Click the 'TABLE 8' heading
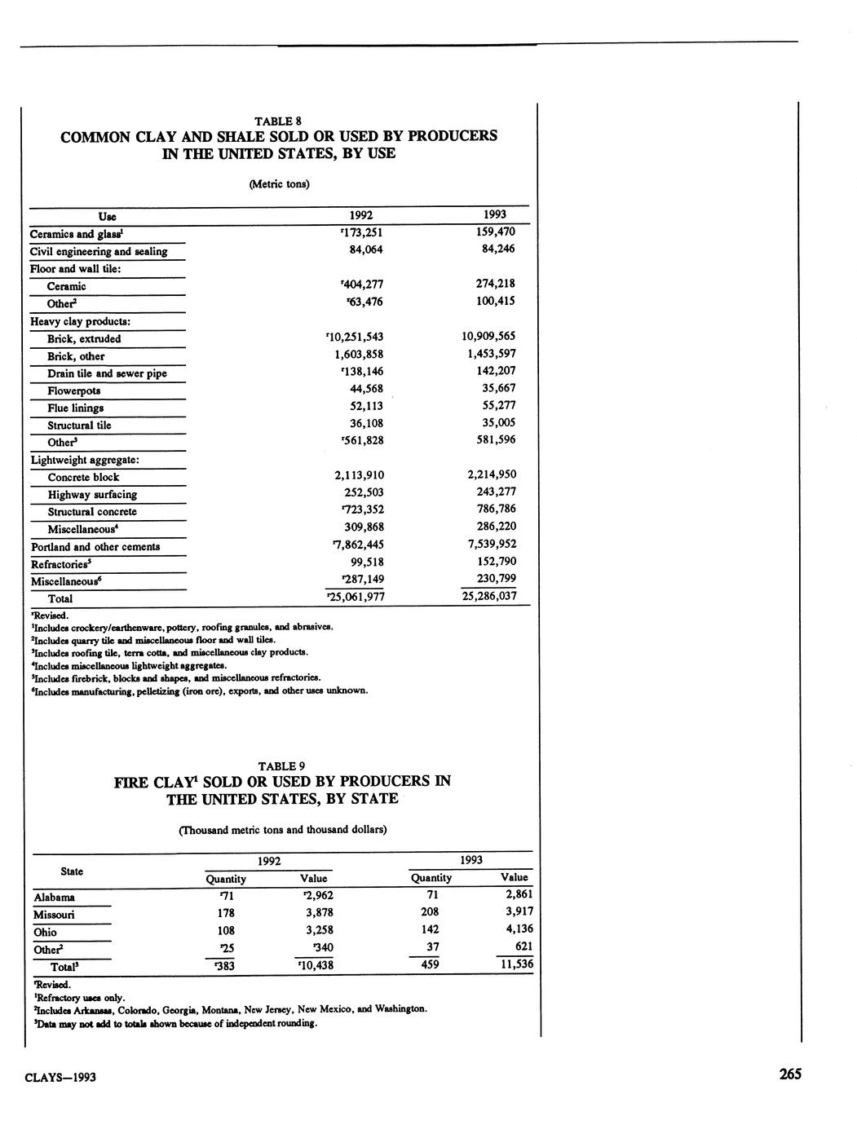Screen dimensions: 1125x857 pyautogui.click(x=279, y=121)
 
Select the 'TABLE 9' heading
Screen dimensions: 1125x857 pyautogui.click(x=281, y=766)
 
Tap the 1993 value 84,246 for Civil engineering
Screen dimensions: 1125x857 pyautogui.click(x=498, y=249)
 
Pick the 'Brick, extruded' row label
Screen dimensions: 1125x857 pyautogui.click(x=84, y=339)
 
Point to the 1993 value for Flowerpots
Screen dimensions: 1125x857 pyautogui.click(x=499, y=388)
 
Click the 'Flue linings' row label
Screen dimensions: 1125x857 pyautogui.click(x=75, y=408)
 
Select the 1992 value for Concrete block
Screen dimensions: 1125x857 pyautogui.click(x=360, y=475)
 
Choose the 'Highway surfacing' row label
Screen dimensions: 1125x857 pyautogui.click(x=92, y=495)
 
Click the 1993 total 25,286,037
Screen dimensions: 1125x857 pyautogui.click(x=489, y=596)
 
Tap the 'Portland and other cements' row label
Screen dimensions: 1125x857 pyautogui.click(x=95, y=547)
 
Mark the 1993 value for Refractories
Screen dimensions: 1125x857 pyautogui.click(x=497, y=562)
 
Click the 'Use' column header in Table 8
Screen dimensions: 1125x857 pyautogui.click(x=107, y=217)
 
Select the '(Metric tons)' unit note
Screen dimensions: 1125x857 pyautogui.click(x=279, y=184)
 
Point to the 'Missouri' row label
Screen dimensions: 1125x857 pyautogui.click(x=54, y=915)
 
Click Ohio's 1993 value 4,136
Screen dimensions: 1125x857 pyautogui.click(x=519, y=929)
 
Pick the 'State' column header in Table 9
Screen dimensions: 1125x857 pyautogui.click(x=72, y=871)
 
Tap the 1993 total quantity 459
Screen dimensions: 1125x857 pyautogui.click(x=430, y=964)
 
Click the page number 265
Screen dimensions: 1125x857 pyautogui.click(x=790, y=1074)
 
